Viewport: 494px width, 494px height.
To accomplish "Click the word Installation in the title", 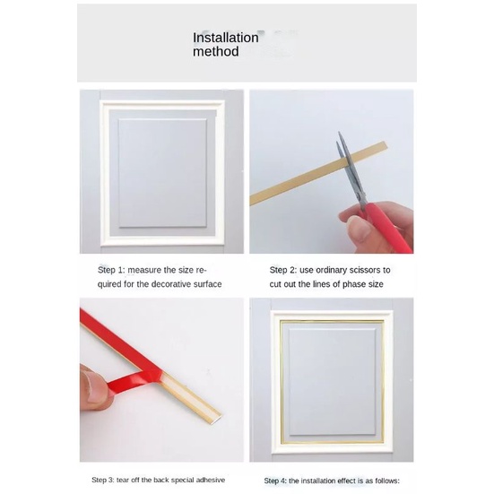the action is [226, 38].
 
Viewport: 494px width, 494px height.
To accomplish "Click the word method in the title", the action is [216, 52].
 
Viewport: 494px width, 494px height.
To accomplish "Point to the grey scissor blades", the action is [351, 170].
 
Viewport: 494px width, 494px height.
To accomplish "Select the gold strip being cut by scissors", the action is [318, 173].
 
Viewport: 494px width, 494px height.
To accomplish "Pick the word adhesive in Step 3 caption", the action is [211, 481].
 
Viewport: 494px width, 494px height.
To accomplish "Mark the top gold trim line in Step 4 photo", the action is [332, 321].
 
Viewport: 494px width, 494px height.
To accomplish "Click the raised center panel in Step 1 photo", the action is [162, 173].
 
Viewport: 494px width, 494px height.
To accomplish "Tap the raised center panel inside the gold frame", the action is [333, 383].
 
